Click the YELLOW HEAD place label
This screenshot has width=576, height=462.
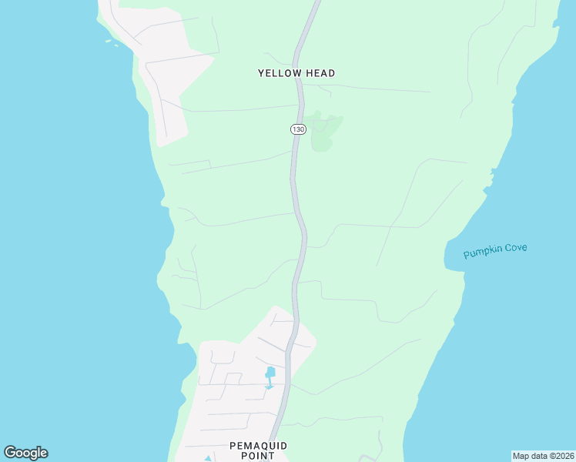tap(296, 73)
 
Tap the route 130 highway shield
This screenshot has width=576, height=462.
tap(297, 129)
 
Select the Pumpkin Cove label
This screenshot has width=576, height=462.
tap(495, 251)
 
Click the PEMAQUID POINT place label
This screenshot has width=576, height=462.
tap(258, 450)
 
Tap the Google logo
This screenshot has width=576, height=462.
tap(25, 453)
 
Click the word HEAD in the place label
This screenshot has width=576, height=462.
tap(320, 73)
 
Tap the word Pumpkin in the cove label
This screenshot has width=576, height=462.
tap(482, 253)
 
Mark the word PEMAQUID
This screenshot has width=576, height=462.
tap(258, 446)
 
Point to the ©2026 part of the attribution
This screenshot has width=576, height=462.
tap(558, 455)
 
